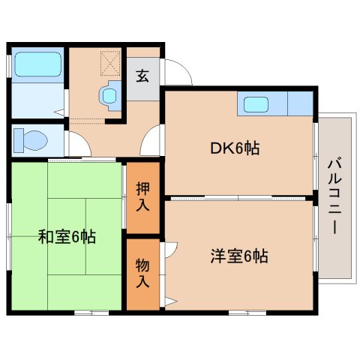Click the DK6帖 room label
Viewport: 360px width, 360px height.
point(235,148)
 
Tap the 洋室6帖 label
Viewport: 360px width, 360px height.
point(238,256)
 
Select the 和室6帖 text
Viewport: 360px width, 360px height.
point(66,238)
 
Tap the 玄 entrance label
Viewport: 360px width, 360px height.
point(142,75)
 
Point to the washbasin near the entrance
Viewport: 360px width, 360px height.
point(109,96)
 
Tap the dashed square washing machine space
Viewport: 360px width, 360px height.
point(111,61)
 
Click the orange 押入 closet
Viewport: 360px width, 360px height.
point(142,196)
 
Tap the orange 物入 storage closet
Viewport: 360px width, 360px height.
point(142,274)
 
